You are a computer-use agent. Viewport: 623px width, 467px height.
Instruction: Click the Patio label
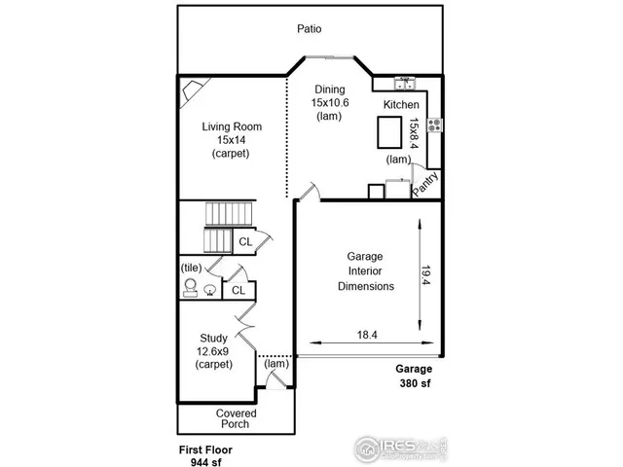tap(310, 29)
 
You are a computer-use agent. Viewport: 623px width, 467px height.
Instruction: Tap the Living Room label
tap(232, 139)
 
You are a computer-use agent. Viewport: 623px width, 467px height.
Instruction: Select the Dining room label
tap(329, 102)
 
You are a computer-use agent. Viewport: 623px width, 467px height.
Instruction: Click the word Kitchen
tap(401, 105)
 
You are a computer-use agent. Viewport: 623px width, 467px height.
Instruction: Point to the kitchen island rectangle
tap(389, 131)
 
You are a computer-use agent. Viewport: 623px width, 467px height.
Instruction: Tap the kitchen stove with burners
tap(433, 125)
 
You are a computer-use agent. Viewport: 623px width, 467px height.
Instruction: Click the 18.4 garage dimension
tap(367, 334)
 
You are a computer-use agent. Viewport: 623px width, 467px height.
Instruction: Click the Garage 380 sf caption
tap(413, 377)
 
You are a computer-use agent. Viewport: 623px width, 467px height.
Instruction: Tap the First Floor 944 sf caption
tap(204, 455)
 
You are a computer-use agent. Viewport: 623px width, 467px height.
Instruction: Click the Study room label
tap(213, 351)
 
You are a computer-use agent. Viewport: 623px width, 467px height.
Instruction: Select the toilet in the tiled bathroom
tap(190, 287)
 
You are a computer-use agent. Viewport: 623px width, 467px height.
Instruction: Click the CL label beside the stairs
tap(245, 240)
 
